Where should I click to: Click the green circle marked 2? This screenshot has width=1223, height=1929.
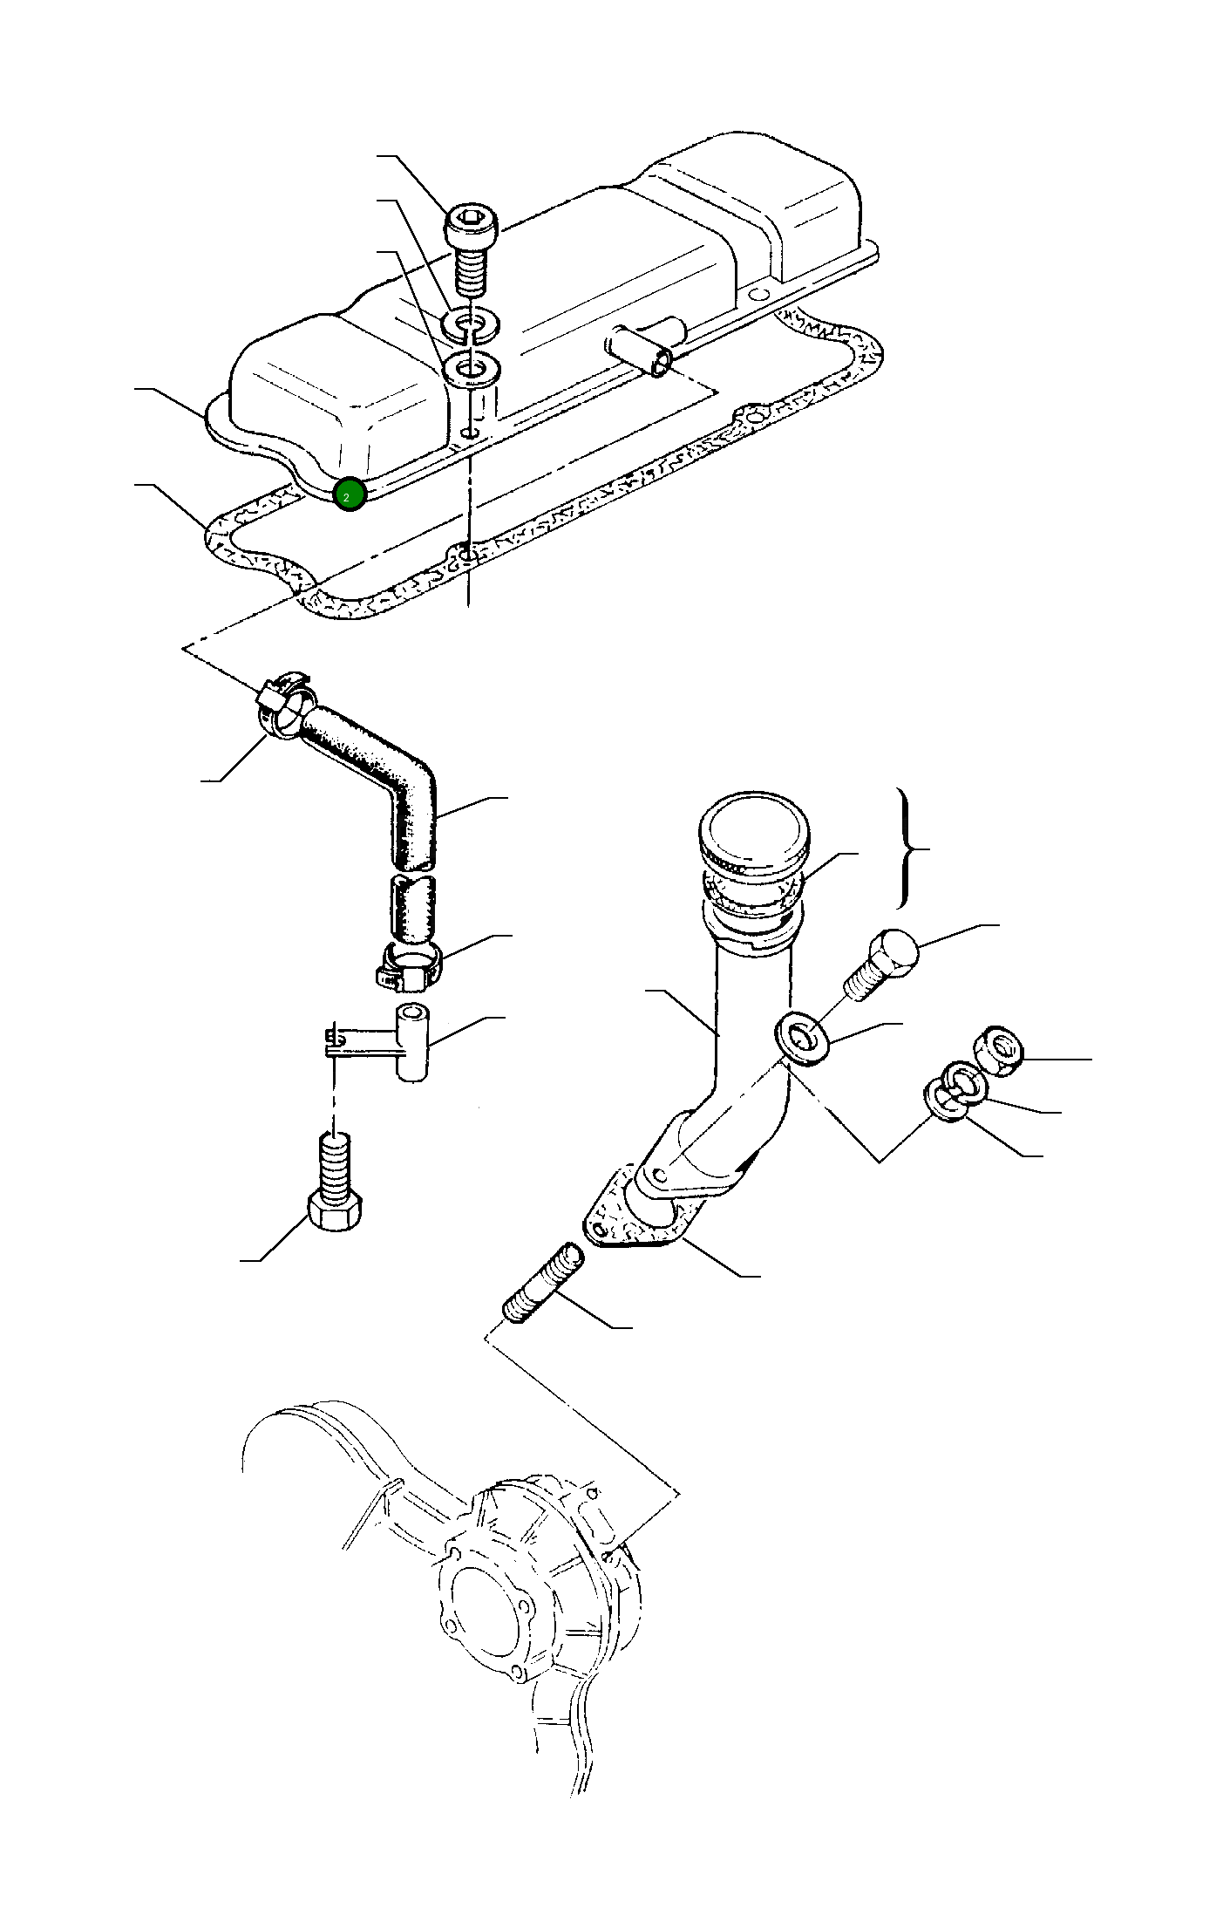click(349, 494)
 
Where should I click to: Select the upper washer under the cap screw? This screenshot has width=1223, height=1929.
click(471, 324)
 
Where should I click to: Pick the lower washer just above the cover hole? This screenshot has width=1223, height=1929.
click(471, 370)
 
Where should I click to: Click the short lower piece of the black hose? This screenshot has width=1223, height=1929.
click(411, 910)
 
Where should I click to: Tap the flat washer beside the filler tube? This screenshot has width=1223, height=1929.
click(802, 1038)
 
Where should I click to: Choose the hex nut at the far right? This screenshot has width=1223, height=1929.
click(1001, 1050)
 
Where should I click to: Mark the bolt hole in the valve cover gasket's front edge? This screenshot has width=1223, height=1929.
click(469, 555)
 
